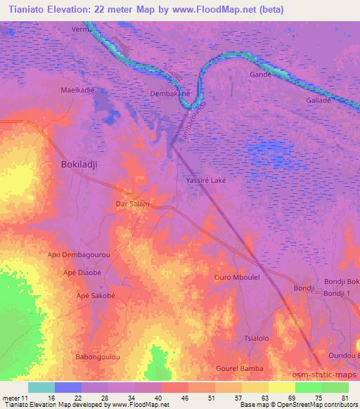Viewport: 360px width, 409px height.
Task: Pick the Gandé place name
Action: (260, 74)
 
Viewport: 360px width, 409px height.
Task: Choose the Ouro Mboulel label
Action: (237, 278)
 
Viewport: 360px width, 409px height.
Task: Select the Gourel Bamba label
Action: (240, 368)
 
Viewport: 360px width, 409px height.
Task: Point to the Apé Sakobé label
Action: (95, 296)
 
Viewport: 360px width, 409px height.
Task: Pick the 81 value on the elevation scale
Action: (344, 398)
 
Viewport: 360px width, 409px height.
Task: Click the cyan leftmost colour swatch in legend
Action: (41, 387)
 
